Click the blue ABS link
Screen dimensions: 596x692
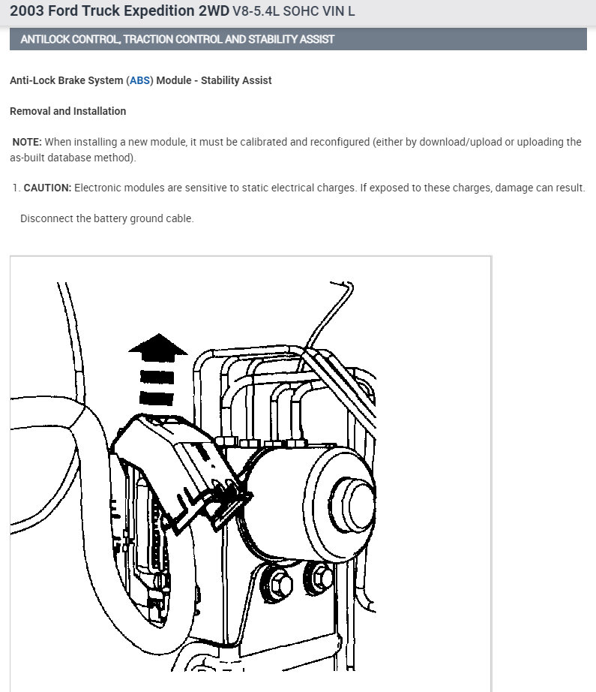[x=139, y=80]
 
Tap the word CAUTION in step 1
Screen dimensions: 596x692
[x=47, y=188]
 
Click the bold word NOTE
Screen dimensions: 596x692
[x=27, y=142]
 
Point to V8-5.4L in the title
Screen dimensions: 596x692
[x=256, y=11]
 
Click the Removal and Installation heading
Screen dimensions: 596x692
[x=68, y=111]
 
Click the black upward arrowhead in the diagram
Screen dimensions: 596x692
[x=158, y=348]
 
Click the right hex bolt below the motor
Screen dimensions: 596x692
[x=320, y=577]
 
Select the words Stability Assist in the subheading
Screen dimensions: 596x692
[x=236, y=80]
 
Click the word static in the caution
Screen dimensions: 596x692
[x=255, y=188]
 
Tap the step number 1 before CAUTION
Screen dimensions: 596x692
[x=16, y=188]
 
